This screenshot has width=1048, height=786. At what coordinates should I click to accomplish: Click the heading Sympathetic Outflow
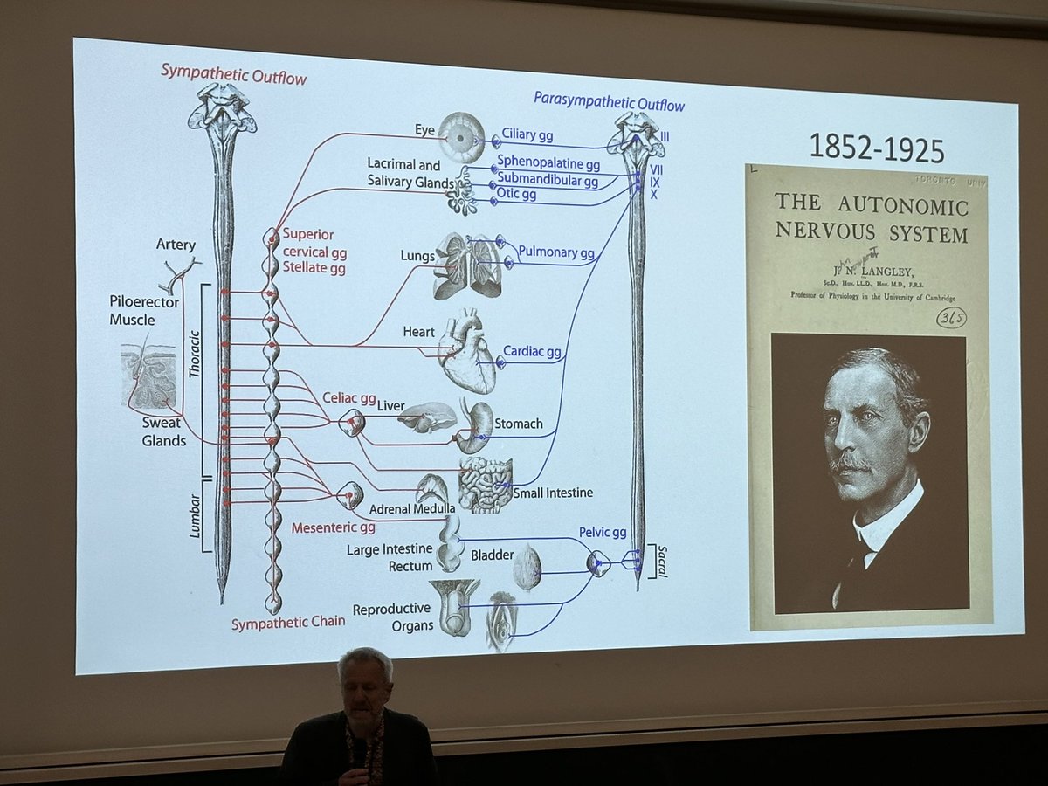point(233,74)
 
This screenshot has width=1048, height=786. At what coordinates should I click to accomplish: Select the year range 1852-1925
point(877,148)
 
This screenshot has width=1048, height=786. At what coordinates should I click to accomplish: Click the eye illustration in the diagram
point(461,136)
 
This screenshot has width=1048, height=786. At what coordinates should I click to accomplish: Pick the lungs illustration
point(468,265)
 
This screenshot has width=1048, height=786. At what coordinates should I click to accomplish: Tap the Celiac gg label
point(348,398)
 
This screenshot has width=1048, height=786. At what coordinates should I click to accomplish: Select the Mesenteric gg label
point(334,527)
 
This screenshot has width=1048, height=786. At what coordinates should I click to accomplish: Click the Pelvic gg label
point(603,532)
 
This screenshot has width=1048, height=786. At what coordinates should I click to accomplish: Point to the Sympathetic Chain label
point(288,623)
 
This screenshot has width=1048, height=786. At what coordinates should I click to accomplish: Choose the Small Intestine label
point(553,493)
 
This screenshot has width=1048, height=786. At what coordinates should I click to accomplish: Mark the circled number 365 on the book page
point(951,318)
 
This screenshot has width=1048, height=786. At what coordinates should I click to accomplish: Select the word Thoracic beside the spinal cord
point(195,370)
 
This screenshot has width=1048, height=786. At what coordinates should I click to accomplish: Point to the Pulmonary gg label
point(556,253)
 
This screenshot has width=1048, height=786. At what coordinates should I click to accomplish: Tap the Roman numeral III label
point(665,137)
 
